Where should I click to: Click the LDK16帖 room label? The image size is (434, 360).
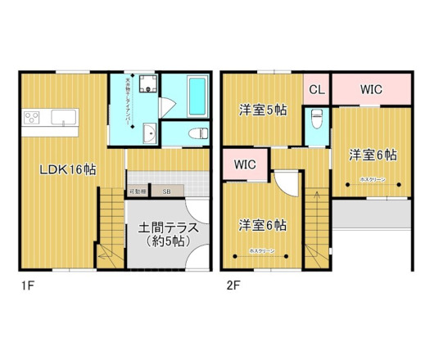(70, 170)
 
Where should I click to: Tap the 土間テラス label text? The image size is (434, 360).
(160, 228)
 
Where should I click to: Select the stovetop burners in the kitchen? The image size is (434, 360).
(33, 117)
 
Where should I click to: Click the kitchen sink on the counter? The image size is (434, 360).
(62, 118)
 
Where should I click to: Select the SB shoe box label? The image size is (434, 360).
(166, 191)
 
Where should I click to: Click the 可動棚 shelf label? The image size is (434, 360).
(137, 191)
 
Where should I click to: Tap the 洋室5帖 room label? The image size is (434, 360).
(262, 110)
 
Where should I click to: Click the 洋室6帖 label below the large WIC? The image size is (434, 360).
(373, 154)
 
